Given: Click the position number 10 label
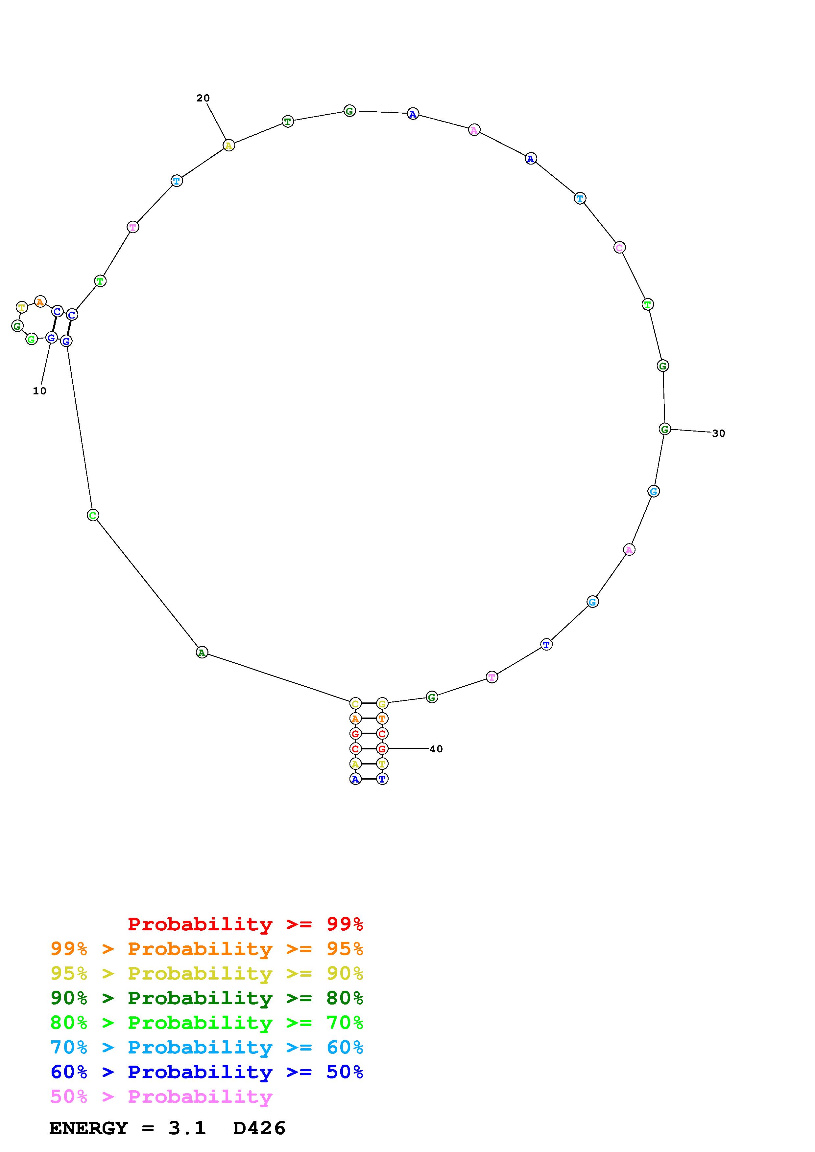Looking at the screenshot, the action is [x=40, y=391].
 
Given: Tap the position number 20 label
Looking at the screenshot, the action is [x=203, y=98].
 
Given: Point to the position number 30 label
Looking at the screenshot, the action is [x=719, y=433].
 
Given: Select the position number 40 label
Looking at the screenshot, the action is [x=436, y=749].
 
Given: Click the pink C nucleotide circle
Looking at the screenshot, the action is [x=620, y=247].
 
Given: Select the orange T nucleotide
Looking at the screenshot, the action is [x=382, y=719].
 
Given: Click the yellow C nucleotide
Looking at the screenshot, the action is [x=355, y=703].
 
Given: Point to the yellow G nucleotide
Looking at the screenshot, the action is [x=382, y=703].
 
